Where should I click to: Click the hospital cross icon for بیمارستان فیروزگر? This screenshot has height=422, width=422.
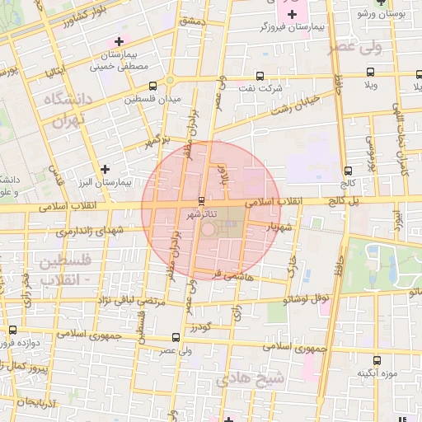pos(293,15)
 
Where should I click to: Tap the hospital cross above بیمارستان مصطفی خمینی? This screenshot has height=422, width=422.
pos(120,41)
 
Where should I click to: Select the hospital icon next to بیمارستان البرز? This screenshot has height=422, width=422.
pos(105,169)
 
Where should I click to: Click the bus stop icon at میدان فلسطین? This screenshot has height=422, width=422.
pos(153,86)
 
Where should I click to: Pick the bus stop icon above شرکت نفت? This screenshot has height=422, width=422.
pos(260,74)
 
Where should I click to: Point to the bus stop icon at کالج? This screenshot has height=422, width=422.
pos(348,171)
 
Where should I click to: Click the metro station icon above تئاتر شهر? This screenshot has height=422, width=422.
pos(202,200)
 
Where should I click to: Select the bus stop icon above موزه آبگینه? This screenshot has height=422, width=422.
pos(377,359)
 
